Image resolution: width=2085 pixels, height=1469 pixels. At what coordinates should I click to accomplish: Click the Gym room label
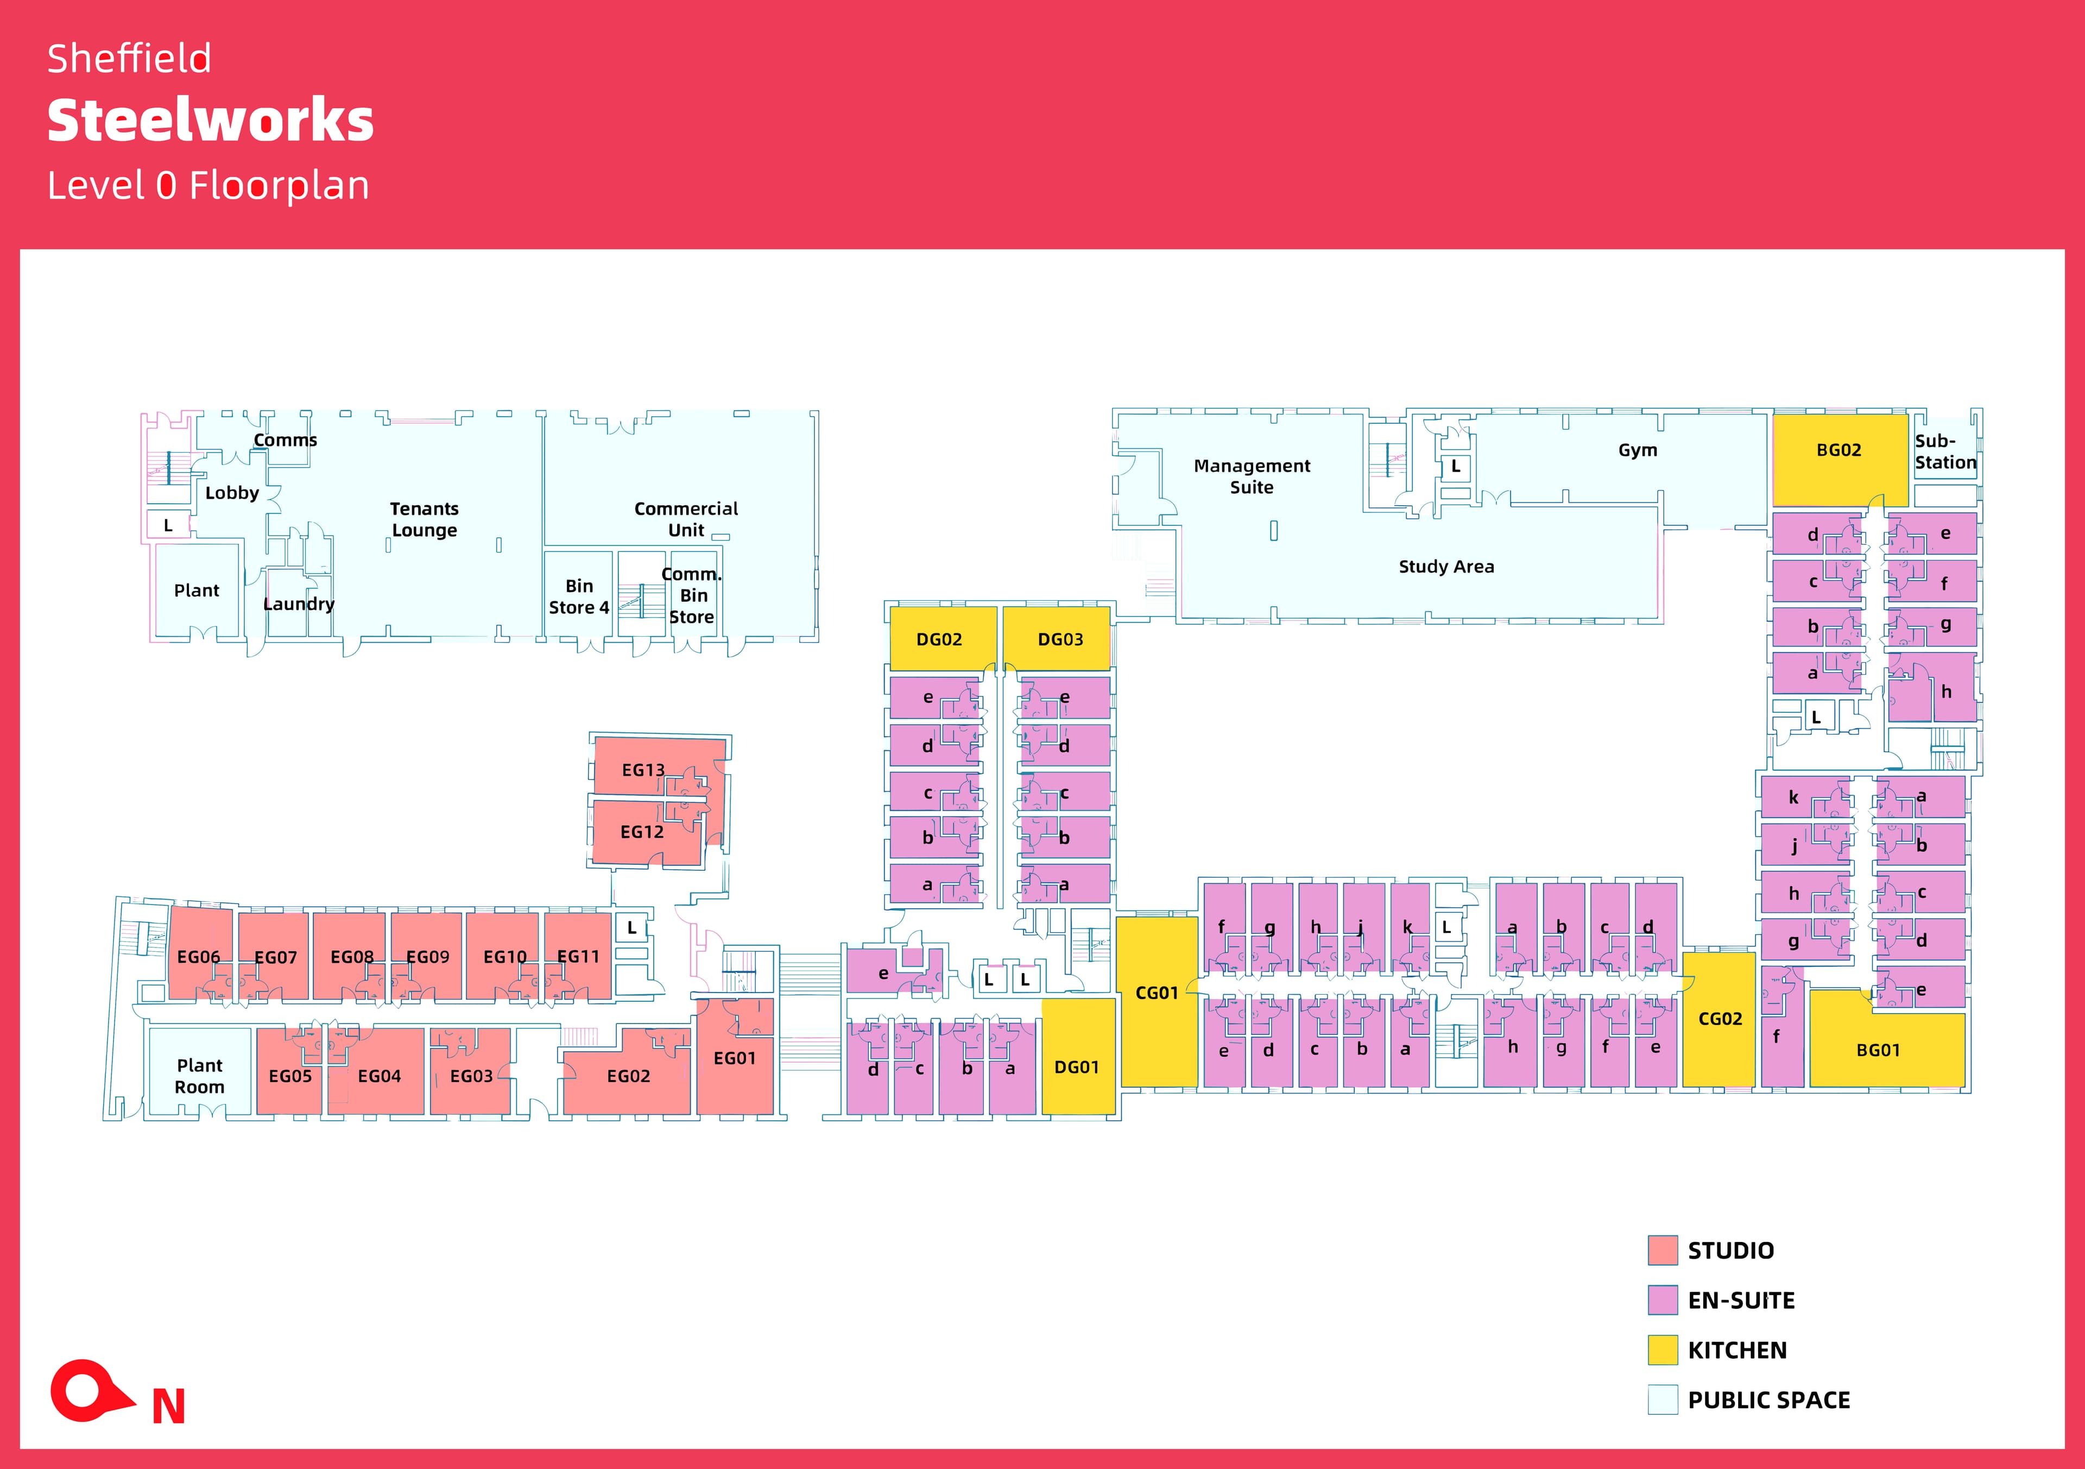[1637, 450]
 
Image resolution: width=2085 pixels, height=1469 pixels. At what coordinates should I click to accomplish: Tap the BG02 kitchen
[1838, 450]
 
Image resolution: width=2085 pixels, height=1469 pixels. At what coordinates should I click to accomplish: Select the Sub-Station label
[1945, 451]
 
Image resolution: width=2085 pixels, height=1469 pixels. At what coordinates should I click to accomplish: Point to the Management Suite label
[1252, 476]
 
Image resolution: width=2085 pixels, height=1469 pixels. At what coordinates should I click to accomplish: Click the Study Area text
[1446, 567]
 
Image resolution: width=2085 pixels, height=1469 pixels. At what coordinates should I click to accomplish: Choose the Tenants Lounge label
[424, 520]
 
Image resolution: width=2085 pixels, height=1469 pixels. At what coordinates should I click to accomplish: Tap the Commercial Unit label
[686, 520]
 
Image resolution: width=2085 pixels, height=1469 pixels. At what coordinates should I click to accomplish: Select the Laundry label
[299, 604]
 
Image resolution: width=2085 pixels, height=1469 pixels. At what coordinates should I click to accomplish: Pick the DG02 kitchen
[939, 639]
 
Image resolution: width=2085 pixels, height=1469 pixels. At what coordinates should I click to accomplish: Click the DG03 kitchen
[1060, 639]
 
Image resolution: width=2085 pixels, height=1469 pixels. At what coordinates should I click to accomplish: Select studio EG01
[734, 1058]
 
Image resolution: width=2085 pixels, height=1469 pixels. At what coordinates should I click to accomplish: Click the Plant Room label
[199, 1076]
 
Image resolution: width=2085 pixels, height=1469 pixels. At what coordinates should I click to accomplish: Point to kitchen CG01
[1156, 994]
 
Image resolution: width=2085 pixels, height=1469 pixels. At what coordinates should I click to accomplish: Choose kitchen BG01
[1878, 1050]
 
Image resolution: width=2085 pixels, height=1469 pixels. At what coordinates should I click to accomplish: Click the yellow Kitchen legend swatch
[1662, 1350]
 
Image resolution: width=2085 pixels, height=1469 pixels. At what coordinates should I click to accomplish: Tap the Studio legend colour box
[1662, 1250]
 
